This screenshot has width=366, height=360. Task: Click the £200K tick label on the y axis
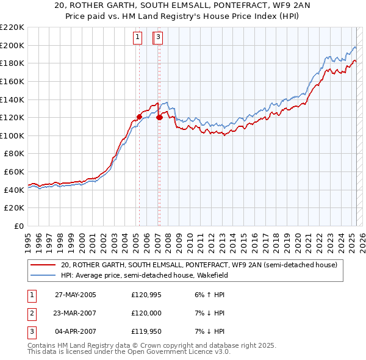[12, 45]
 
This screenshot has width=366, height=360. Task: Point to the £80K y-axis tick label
[14, 154]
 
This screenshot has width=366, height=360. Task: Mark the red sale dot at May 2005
[139, 117]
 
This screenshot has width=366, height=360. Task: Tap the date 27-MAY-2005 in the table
[76, 295]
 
